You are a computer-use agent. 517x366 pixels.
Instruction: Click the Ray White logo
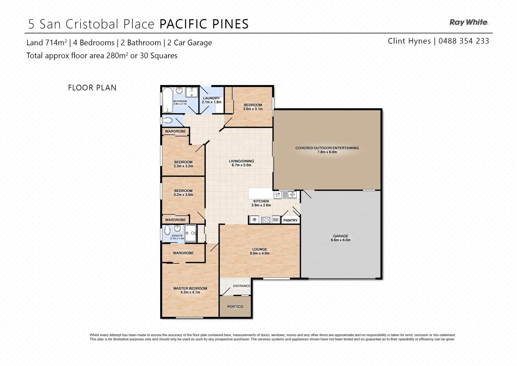pyautogui.click(x=469, y=22)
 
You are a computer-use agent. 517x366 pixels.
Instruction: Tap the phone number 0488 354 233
pyautogui.click(x=464, y=41)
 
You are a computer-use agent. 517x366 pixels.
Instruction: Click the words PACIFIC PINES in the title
pyautogui.click(x=204, y=24)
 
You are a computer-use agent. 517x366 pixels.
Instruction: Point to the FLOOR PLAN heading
pyautogui.click(x=92, y=88)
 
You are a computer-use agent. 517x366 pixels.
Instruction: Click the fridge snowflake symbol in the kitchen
pyautogui.click(x=254, y=220)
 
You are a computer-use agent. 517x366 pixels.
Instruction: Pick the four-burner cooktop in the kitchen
pyautogui.click(x=266, y=220)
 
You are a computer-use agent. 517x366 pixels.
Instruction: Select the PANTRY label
pyautogui.click(x=290, y=220)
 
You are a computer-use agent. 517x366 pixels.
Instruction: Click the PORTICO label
pyautogui.click(x=235, y=307)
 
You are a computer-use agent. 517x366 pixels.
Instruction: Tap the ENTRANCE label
pyautogui.click(x=242, y=286)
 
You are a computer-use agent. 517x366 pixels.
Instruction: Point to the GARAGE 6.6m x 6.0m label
pyautogui.click(x=341, y=238)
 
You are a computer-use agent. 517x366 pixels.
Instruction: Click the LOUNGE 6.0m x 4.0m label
pyautogui.click(x=260, y=251)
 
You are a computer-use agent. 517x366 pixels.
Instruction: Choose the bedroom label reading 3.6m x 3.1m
pyautogui.click(x=253, y=109)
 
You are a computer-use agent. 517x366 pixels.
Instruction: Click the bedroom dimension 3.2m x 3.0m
pyautogui.click(x=183, y=195)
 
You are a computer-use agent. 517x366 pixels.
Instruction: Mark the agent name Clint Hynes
pyautogui.click(x=409, y=41)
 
